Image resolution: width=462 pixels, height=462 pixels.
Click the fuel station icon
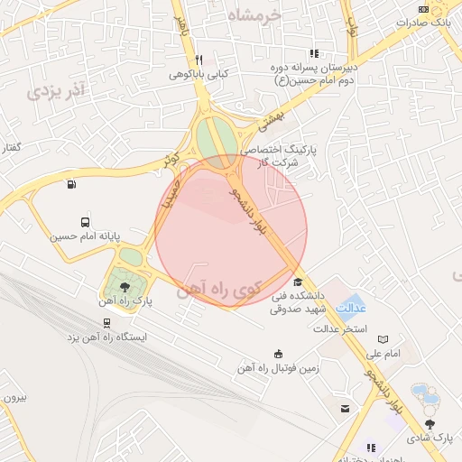coord(71,185)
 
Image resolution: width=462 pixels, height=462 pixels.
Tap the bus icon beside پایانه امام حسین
coord(85,221)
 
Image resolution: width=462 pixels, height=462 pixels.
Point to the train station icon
coord(107,322)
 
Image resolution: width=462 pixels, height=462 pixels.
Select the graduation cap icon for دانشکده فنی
coord(299,282)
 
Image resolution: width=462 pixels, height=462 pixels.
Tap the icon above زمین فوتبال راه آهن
coord(278,353)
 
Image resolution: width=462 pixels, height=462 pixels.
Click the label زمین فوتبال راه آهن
coord(278,367)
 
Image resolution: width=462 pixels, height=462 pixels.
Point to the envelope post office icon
coord(345,409)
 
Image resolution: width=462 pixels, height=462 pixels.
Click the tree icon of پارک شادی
coord(430,423)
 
